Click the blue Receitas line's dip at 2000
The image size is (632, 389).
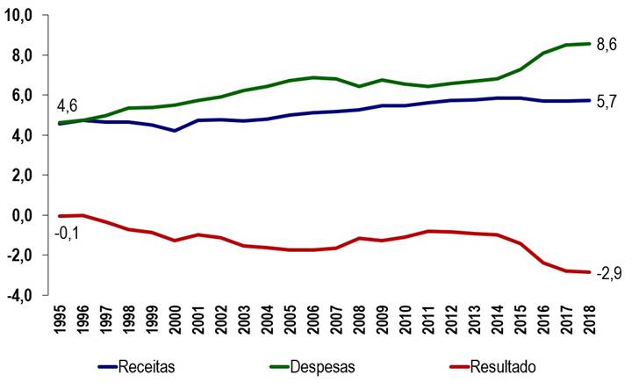[x=176, y=131]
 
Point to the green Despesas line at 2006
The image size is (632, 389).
[x=312, y=77]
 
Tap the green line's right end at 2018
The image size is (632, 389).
[x=586, y=44]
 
